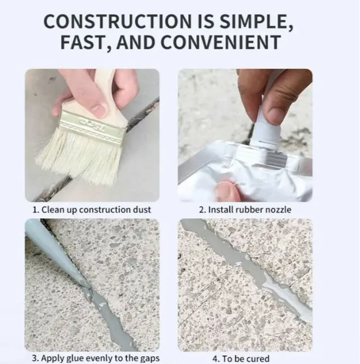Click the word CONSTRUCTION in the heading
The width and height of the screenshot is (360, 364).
click(117, 21)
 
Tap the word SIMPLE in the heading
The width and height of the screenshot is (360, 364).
click(256, 22)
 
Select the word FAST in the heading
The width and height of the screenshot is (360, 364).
click(85, 43)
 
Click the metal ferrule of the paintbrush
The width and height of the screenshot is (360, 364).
click(92, 128)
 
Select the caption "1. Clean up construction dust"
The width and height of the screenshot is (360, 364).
click(92, 210)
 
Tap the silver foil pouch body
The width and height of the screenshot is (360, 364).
click(246, 172)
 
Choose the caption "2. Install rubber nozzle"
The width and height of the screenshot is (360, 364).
click(245, 210)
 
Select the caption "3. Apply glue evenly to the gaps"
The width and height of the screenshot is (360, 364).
click(95, 358)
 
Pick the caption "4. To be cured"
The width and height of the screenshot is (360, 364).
click(241, 359)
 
